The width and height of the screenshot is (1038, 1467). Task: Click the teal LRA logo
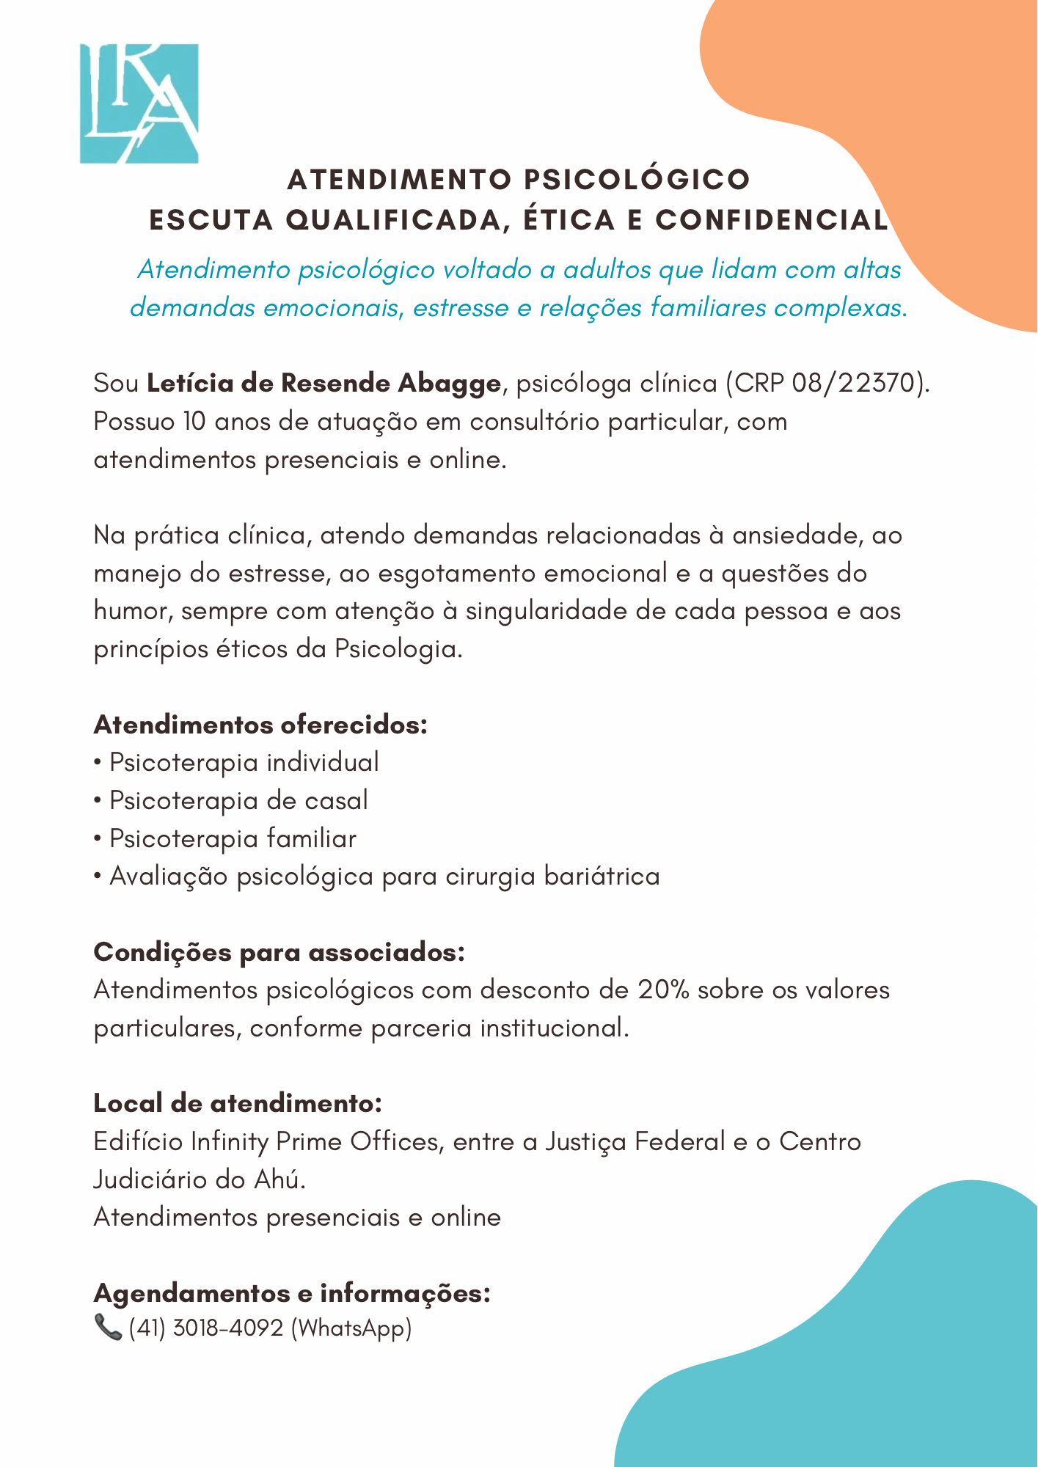click(139, 103)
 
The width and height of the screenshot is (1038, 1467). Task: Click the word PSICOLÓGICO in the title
click(637, 180)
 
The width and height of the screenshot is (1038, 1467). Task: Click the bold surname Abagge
click(449, 384)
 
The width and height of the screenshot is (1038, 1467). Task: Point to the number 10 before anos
click(194, 422)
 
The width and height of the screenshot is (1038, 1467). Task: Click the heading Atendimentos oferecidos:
click(260, 725)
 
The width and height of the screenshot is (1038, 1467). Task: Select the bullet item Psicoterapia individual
click(244, 763)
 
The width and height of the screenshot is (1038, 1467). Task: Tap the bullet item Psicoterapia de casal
click(238, 800)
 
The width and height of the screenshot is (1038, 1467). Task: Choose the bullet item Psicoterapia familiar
click(233, 838)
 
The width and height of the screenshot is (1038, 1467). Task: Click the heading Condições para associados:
click(279, 952)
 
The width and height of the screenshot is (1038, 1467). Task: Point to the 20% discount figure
click(663, 990)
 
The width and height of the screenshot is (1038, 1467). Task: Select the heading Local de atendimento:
click(238, 1103)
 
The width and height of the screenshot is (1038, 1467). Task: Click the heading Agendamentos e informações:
click(292, 1292)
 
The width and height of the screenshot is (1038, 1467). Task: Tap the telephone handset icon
click(108, 1328)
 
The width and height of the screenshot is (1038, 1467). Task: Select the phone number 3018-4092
click(227, 1328)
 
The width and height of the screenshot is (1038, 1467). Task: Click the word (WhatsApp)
click(351, 1328)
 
